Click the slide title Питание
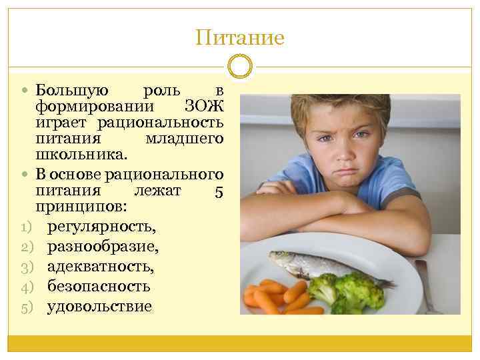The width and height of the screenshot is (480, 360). [x=240, y=37]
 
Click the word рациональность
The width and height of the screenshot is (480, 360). [x=160, y=123]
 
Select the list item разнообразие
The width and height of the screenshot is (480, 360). [x=103, y=247]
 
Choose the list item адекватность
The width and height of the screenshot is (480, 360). [x=100, y=267]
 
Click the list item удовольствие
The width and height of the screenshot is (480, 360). [x=99, y=307]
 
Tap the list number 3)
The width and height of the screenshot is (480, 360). [x=27, y=267]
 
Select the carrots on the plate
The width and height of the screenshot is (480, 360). [x=273, y=297]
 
